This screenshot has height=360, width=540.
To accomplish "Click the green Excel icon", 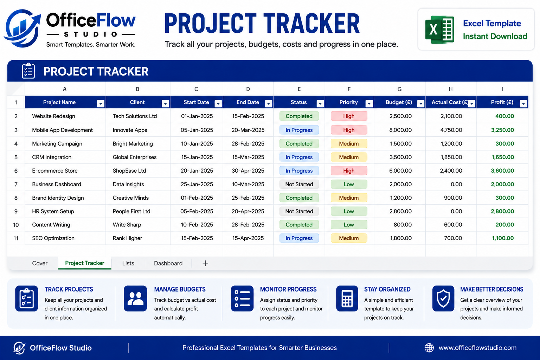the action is point(439,30).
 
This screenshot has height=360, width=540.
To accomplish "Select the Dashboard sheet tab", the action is point(168,263).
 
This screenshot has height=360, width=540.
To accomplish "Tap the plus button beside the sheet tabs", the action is point(205,263).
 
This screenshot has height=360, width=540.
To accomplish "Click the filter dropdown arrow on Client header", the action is point(165,104).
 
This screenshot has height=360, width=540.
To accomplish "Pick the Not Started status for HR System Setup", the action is point(299,211).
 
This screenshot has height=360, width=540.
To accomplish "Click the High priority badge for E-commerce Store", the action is point(349,171).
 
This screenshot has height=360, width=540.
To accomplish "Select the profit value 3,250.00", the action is point(502,130).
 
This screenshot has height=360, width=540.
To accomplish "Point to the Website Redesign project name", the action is point(53,116).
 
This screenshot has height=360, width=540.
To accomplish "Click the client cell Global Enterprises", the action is point(135,157).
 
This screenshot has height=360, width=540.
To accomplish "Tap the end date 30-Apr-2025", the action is point(248,171).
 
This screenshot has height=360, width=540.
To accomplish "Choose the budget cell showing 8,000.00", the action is point(400,130).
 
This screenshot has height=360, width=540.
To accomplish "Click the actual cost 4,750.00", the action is point(451,130).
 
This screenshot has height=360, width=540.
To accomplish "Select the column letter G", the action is point(399,89).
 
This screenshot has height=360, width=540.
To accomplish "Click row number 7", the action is point(16,185).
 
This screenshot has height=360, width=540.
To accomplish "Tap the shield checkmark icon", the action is point(443,298).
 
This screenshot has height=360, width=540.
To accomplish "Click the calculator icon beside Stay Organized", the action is point(347,298).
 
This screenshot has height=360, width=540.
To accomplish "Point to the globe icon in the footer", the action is point(429,348).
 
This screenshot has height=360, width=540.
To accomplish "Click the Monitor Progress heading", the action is point(288,289).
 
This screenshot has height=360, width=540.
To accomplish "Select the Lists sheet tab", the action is point(128,263).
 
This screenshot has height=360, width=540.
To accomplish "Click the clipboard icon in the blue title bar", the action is point(28,71).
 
